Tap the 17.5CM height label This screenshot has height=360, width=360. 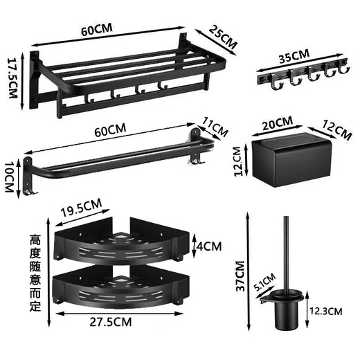click(13, 78)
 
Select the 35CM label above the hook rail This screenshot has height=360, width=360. click(294, 56)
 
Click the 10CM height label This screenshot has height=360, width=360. click(10, 177)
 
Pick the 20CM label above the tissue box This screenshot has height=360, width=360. click(278, 123)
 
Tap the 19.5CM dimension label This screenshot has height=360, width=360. click(81, 208)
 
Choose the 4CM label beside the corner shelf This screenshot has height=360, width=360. click(208, 246)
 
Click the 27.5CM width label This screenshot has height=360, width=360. click(111, 322)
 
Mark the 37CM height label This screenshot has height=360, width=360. click(240, 276)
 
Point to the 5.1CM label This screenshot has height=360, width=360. click(264, 282)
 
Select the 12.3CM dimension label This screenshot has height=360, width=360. click(326, 312)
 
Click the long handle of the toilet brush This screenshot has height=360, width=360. click(286, 254)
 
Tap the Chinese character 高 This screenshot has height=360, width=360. click(35, 240)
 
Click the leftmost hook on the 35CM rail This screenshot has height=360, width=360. click(276, 82)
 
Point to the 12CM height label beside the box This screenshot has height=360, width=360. click(237, 161)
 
